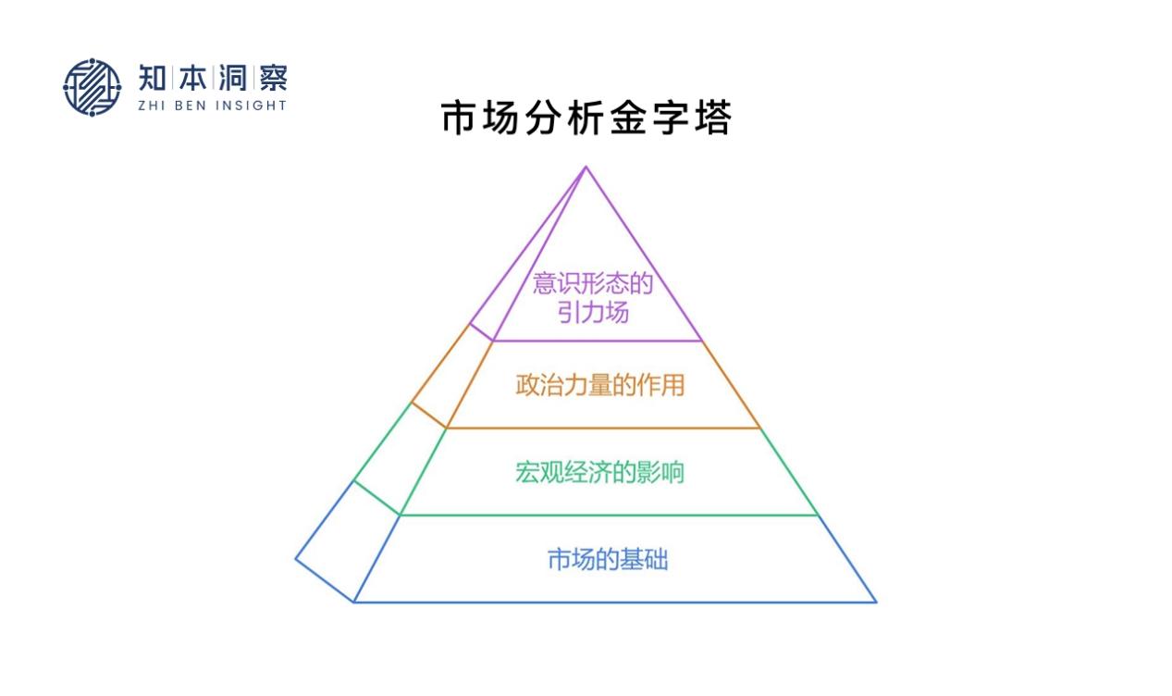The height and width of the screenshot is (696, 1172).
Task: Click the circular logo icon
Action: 92,88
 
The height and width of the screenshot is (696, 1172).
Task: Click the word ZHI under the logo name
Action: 152,106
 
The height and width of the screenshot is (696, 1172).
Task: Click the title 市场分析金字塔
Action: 586,119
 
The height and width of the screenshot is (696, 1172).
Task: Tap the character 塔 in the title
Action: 711,119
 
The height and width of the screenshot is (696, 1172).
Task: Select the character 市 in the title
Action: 460,119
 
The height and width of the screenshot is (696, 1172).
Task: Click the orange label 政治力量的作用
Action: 599,384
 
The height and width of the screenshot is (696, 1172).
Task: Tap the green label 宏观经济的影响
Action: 599,472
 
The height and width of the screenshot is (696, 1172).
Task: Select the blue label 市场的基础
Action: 607,560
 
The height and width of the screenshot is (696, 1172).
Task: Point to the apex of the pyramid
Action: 586,167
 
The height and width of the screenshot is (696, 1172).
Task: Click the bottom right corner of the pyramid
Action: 875,602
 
